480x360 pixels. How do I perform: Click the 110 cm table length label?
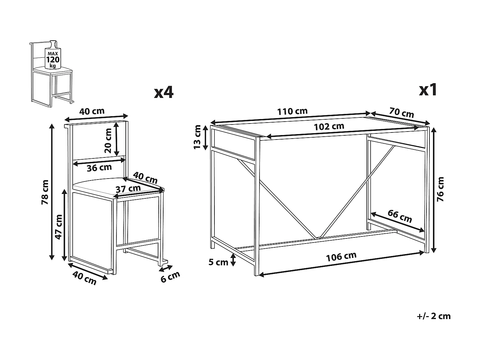pyautogui.click(x=292, y=111)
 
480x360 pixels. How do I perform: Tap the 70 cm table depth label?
pyautogui.click(x=402, y=113)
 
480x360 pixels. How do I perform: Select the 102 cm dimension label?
pyautogui.click(x=329, y=126)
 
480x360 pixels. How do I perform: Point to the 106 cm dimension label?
pyautogui.click(x=341, y=257)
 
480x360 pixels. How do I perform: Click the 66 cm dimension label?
pyautogui.click(x=400, y=216)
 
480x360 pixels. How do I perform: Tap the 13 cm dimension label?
pyautogui.click(x=197, y=137)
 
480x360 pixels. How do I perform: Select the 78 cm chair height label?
pyautogui.click(x=45, y=192)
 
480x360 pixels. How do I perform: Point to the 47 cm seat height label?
pyautogui.click(x=59, y=227)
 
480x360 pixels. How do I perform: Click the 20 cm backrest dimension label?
pyautogui.click(x=108, y=140)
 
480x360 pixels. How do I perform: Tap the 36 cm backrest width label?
pyautogui.click(x=99, y=168)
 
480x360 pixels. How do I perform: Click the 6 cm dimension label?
pyautogui.click(x=170, y=277)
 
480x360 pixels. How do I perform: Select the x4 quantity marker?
pyautogui.click(x=164, y=92)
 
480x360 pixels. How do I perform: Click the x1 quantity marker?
pyautogui.click(x=428, y=90)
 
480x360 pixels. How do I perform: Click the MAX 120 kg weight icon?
pyautogui.click(x=52, y=55)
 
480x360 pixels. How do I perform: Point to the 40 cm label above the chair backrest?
pyautogui.click(x=92, y=111)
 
